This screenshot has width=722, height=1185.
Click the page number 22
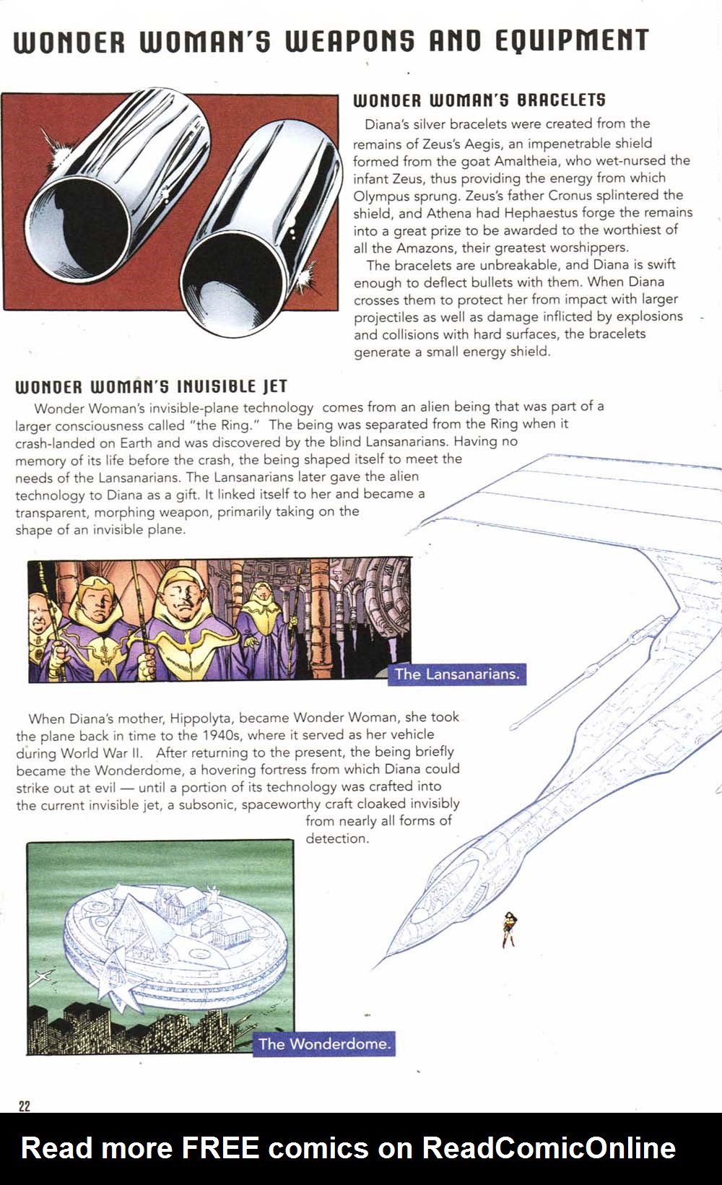click(24, 1106)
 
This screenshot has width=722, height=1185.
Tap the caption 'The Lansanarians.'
click(456, 674)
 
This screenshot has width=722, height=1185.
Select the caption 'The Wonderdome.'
click(324, 1043)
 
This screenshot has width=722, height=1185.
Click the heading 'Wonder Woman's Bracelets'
click(479, 100)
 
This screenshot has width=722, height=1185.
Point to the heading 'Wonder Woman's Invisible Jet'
click(152, 386)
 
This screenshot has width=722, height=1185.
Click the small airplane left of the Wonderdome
click(45, 977)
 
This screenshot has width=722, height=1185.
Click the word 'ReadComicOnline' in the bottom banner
click(549, 1147)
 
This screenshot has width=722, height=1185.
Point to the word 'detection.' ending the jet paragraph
click(337, 838)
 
